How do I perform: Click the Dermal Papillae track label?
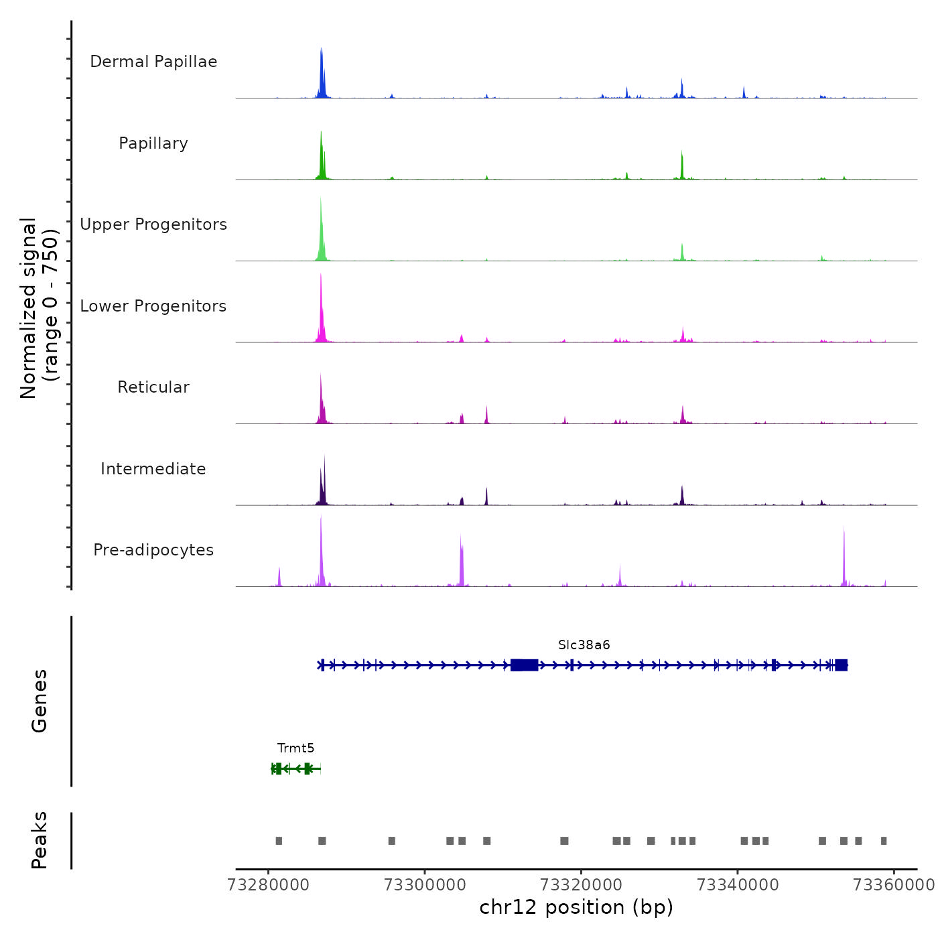point(153,62)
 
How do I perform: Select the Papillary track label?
point(153,143)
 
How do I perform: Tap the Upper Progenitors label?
point(153,224)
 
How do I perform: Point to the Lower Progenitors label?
point(153,306)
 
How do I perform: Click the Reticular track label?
point(153,387)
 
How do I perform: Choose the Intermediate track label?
point(153,469)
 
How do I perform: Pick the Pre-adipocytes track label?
point(153,550)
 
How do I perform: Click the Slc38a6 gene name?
point(584,645)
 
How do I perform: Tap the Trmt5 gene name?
point(295,748)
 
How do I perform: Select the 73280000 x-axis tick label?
point(269,885)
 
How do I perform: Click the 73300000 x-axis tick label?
point(425,885)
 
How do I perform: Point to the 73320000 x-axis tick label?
point(582,885)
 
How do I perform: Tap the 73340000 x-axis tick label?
point(738,885)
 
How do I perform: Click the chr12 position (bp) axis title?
point(576,907)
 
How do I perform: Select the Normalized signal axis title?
point(39,308)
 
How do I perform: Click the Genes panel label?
point(40,701)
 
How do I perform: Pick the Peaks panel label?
point(40,840)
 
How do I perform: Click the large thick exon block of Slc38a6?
point(524,665)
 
